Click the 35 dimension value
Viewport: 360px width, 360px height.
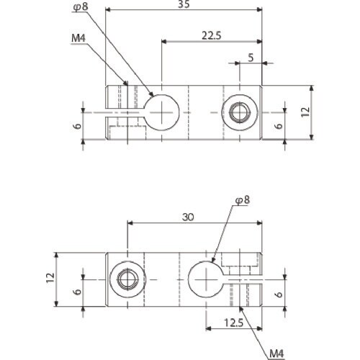coord(184,4)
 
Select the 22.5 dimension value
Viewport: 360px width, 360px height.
coord(211,36)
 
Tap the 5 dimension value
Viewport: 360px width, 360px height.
coord(251,58)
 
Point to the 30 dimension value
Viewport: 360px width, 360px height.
coord(188,217)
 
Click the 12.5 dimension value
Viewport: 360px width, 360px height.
coord(234,323)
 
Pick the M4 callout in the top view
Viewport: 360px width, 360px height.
coord(78,38)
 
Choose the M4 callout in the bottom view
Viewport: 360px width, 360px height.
coord(276,354)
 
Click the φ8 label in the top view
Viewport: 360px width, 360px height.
coord(81,7)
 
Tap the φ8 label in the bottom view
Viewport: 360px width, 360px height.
coord(242,200)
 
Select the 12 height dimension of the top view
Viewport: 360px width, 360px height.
coord(305,112)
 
